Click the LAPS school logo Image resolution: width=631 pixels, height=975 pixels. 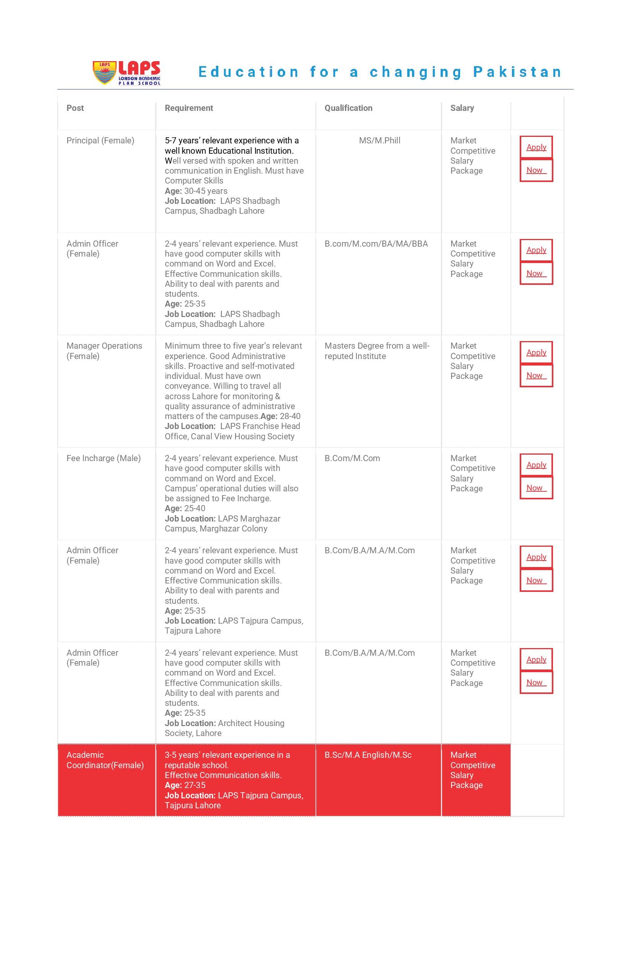point(127,73)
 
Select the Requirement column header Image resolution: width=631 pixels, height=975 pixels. point(189,108)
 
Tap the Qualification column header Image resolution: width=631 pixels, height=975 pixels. point(348,108)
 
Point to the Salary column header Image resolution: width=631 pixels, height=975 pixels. point(462,108)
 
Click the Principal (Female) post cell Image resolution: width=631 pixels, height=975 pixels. point(100,141)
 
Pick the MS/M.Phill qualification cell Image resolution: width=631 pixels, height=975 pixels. point(379,141)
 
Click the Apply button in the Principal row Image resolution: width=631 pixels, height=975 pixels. point(536,147)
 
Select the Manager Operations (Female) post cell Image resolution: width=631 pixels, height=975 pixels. point(104,351)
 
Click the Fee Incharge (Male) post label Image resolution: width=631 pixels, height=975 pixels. point(103,458)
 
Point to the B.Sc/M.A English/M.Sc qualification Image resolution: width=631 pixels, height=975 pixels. point(368,755)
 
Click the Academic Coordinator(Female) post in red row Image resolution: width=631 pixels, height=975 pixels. point(105,760)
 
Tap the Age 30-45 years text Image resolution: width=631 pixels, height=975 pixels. point(196,191)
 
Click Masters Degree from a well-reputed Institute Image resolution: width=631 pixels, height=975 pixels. point(377,351)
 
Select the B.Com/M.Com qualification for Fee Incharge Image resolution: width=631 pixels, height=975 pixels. point(352,458)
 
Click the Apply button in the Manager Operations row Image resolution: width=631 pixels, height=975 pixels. point(536,353)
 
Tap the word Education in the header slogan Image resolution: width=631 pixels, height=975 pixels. point(249,72)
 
